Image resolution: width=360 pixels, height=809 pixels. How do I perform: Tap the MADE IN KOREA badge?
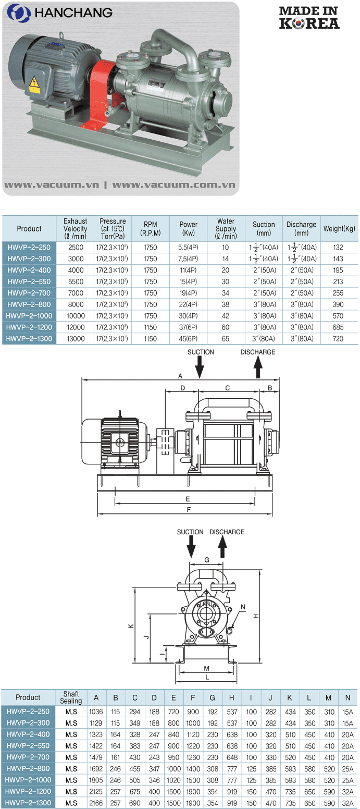pyautogui.click(x=309, y=17)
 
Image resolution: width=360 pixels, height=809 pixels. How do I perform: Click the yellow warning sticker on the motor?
pyautogui.click(x=34, y=83)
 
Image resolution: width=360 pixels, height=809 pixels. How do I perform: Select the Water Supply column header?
pyautogui.click(x=226, y=228)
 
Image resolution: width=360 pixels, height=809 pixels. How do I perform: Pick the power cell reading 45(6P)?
pyautogui.click(x=189, y=338)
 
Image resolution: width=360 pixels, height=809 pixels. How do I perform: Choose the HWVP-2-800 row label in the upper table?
pyautogui.click(x=29, y=304)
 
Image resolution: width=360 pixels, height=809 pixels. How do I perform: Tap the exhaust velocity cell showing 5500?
pyautogui.click(x=76, y=281)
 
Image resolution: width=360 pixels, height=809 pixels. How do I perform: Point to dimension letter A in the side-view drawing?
pyautogui.click(x=180, y=375)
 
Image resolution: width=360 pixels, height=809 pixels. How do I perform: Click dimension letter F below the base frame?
pyautogui.click(x=189, y=509)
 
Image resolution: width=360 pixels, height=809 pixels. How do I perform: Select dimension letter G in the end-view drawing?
pyautogui.click(x=207, y=560)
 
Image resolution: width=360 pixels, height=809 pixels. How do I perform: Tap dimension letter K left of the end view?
pyautogui.click(x=131, y=626)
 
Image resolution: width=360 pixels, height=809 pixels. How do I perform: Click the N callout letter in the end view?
pyautogui.click(x=243, y=607)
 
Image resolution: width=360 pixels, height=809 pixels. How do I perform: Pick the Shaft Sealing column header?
pyautogui.click(x=71, y=697)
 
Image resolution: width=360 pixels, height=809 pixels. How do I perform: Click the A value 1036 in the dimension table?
pyautogui.click(x=96, y=712)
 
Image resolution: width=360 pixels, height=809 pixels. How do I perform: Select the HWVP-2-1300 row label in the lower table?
pyautogui.click(x=28, y=803)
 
